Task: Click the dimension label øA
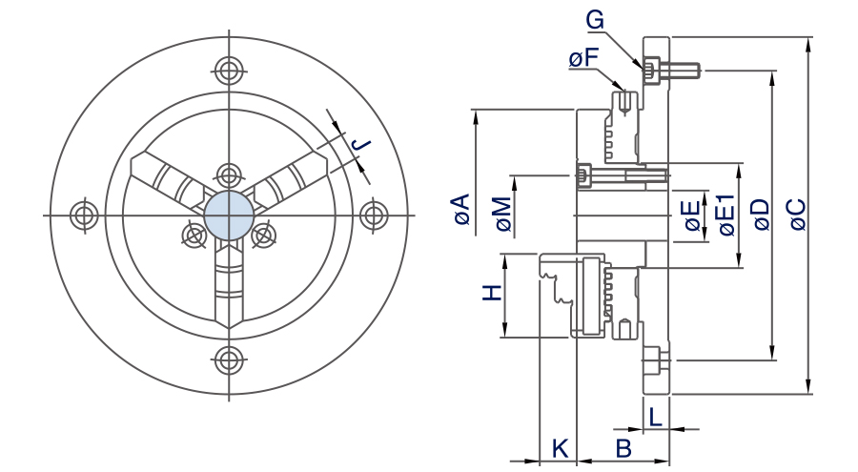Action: tap(461, 209)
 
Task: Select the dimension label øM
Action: tap(501, 215)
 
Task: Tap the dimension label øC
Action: tap(797, 215)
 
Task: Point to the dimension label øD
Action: tap(759, 215)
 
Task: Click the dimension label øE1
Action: tap(725, 214)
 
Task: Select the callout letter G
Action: tap(595, 19)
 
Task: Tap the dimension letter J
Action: tap(360, 145)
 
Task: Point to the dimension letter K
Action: tap(561, 447)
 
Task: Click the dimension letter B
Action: tap(623, 447)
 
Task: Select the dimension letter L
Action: tap(655, 416)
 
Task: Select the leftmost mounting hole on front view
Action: tap(84, 215)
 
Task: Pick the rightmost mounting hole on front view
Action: tap(373, 215)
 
